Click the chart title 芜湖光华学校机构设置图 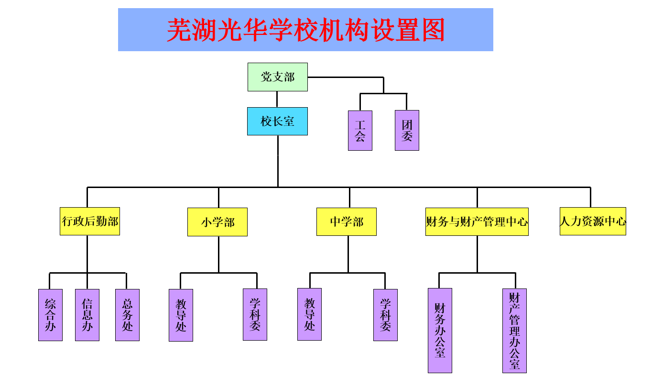(305, 30)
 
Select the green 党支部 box (277, 77)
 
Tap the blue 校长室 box (277, 121)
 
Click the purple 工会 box (360, 131)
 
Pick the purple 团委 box (407, 131)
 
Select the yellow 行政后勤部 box (90, 222)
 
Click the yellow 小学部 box (217, 222)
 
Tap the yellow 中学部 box (347, 222)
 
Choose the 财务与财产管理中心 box (477, 222)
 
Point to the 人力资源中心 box (593, 222)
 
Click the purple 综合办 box (50, 315)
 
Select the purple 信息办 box (87, 315)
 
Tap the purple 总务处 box (127, 315)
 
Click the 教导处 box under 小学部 (181, 315)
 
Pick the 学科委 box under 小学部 (255, 314)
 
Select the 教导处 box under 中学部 (309, 314)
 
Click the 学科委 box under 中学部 (385, 315)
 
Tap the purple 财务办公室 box (440, 330)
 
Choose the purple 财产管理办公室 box (514, 330)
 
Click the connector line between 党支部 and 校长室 (277, 99)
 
